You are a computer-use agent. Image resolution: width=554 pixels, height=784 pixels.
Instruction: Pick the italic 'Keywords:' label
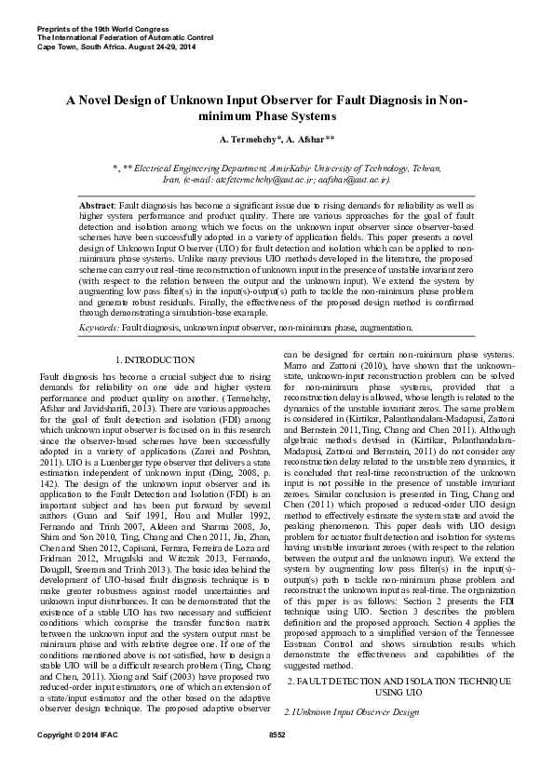(x=99, y=328)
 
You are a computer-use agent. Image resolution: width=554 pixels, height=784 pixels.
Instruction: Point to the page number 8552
(x=277, y=762)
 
